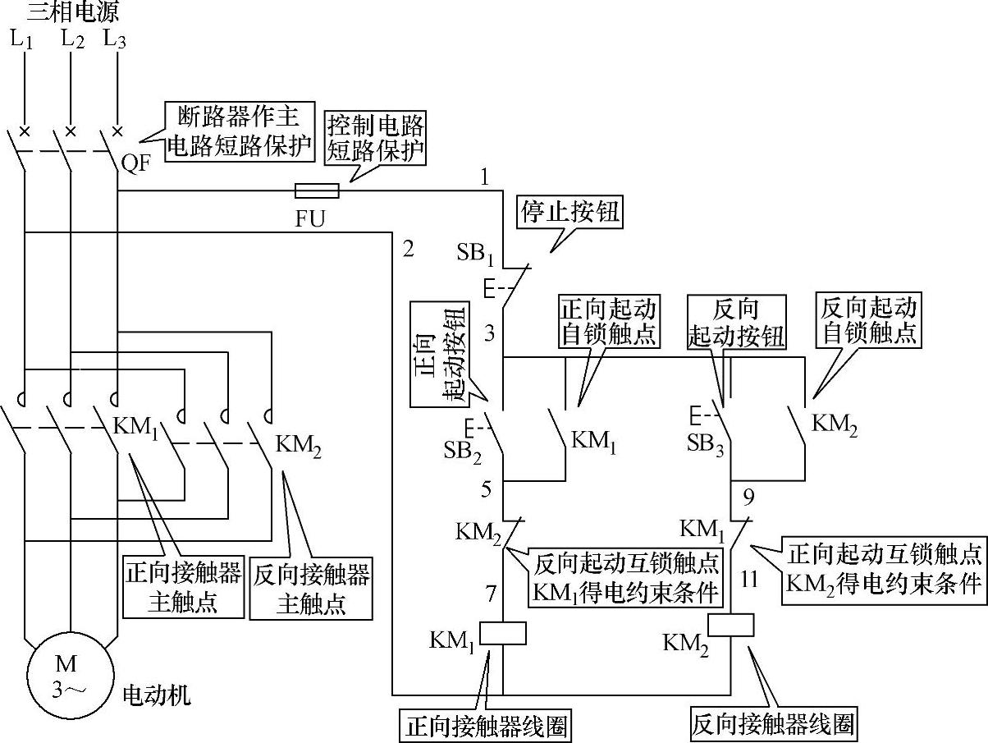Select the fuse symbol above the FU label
click(316, 191)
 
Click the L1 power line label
click(23, 39)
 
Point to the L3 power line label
click(115, 39)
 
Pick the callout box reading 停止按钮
click(570, 213)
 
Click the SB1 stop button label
click(475, 252)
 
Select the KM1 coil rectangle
click(501, 633)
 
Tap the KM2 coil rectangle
click(730, 625)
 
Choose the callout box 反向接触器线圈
click(772, 724)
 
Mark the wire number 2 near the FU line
click(408, 249)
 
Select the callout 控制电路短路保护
click(377, 138)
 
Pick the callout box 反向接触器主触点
click(311, 589)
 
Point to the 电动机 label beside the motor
click(156, 696)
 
